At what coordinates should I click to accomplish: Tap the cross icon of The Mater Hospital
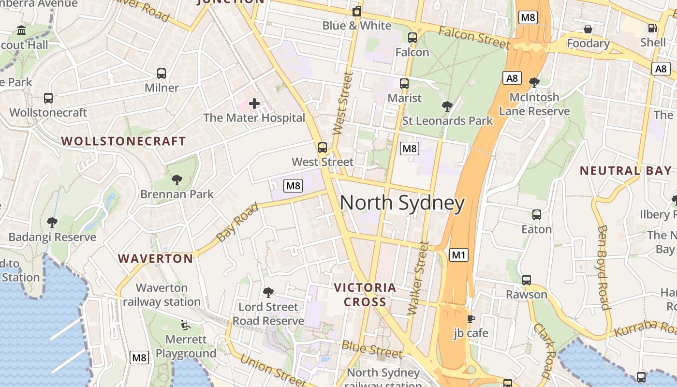[x=254, y=103]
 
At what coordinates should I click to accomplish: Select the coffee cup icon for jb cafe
[x=471, y=319]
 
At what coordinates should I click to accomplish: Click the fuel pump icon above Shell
[x=652, y=28]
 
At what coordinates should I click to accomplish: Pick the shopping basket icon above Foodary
[x=588, y=29]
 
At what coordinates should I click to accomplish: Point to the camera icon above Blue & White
[x=357, y=11]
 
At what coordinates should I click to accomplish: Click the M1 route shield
[x=458, y=254]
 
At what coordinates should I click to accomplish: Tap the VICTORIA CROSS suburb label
[x=365, y=295]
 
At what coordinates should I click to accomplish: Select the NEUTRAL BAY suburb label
[x=625, y=171]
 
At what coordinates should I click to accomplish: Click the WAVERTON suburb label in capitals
[x=156, y=259]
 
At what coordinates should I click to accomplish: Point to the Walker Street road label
[x=418, y=278]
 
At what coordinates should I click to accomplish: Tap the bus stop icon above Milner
[x=162, y=74]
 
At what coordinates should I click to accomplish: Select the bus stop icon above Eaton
[x=536, y=215]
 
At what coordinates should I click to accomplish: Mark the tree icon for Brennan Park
[x=177, y=180]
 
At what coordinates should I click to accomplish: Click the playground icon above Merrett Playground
[x=186, y=325]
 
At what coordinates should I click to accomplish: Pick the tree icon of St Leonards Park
[x=447, y=106]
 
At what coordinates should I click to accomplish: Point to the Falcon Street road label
[x=474, y=38]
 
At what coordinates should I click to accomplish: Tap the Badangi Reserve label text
[x=52, y=237]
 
